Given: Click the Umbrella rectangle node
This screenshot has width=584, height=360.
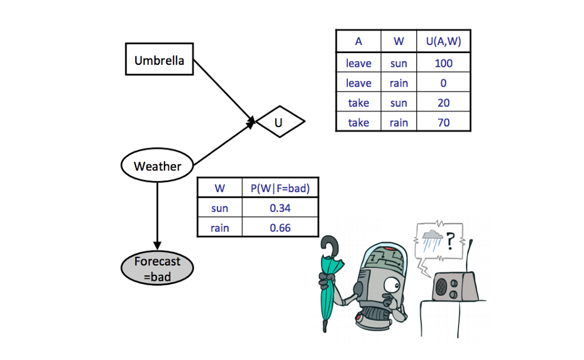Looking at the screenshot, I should pyautogui.click(x=159, y=61).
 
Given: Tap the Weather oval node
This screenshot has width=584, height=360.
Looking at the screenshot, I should pyautogui.click(x=157, y=165).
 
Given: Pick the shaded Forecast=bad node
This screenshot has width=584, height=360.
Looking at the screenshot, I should pyautogui.click(x=157, y=269).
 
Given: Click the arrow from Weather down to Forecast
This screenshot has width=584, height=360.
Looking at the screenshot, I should pyautogui.click(x=157, y=213).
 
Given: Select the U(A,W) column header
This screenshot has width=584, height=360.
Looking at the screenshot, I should pyautogui.click(x=443, y=42).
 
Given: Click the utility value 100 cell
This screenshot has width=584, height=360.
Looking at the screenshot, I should pyautogui.click(x=443, y=63).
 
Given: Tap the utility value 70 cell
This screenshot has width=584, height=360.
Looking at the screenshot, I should pyautogui.click(x=443, y=122).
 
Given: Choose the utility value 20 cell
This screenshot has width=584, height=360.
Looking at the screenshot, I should pyautogui.click(x=443, y=103).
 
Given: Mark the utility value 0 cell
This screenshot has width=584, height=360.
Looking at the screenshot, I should pyautogui.click(x=443, y=83).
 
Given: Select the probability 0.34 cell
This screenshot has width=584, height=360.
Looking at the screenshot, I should pyautogui.click(x=280, y=208).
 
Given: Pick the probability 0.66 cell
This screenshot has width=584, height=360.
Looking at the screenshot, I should pyautogui.click(x=280, y=228).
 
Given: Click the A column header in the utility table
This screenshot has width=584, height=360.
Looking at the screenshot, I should pyautogui.click(x=358, y=42).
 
